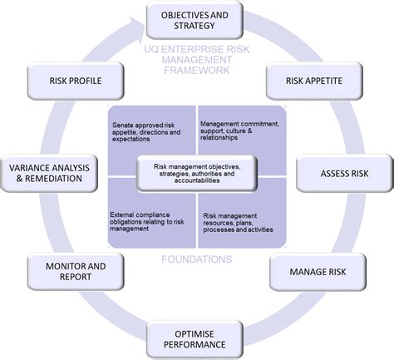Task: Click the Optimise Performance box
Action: tap(197, 337)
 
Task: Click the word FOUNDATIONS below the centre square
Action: tap(197, 259)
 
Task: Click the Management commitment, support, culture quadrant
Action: tap(242, 131)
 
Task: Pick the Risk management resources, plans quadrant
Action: tap(242, 219)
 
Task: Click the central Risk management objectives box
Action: tap(197, 171)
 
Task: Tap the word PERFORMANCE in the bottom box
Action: tap(197, 343)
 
